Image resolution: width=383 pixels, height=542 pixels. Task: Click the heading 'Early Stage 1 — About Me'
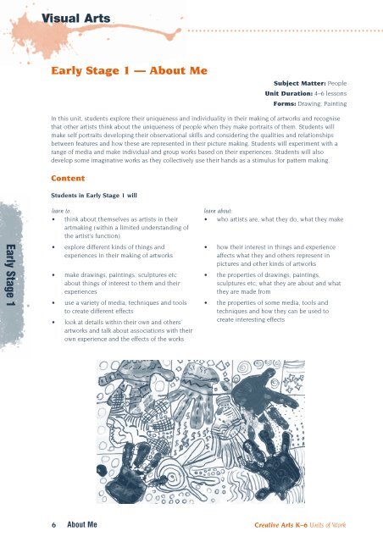(x=130, y=73)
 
